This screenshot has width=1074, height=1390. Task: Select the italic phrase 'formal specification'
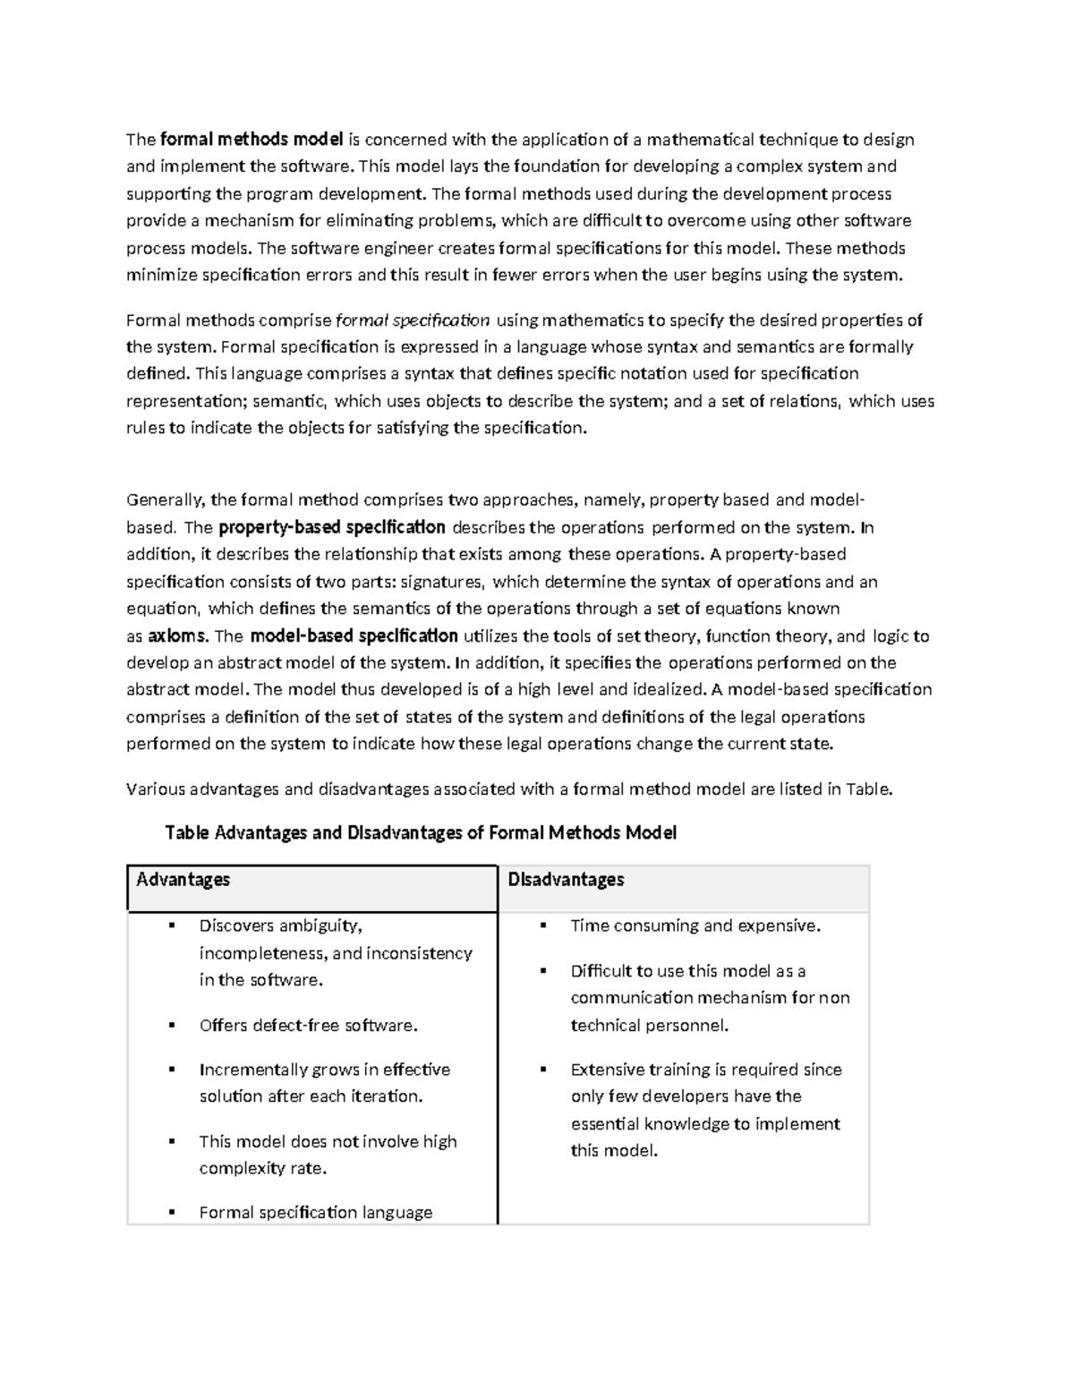click(x=412, y=320)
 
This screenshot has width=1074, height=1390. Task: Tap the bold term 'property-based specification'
click(x=331, y=527)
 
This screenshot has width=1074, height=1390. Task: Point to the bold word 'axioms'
click(x=178, y=636)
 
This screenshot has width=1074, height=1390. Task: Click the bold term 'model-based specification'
click(x=354, y=636)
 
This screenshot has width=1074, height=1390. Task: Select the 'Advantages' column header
click(x=183, y=880)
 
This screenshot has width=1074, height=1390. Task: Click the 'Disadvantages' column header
click(x=566, y=880)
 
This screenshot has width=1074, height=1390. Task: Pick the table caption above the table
click(x=421, y=833)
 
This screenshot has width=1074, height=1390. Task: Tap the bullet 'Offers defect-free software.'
click(x=309, y=1026)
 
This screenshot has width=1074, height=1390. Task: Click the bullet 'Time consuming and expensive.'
click(x=695, y=926)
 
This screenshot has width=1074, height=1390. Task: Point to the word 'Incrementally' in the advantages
click(x=253, y=1070)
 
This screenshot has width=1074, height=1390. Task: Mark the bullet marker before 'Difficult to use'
click(x=542, y=970)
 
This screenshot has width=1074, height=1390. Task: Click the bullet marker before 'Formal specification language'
click(x=171, y=1212)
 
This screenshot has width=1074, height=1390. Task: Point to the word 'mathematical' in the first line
click(x=701, y=139)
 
